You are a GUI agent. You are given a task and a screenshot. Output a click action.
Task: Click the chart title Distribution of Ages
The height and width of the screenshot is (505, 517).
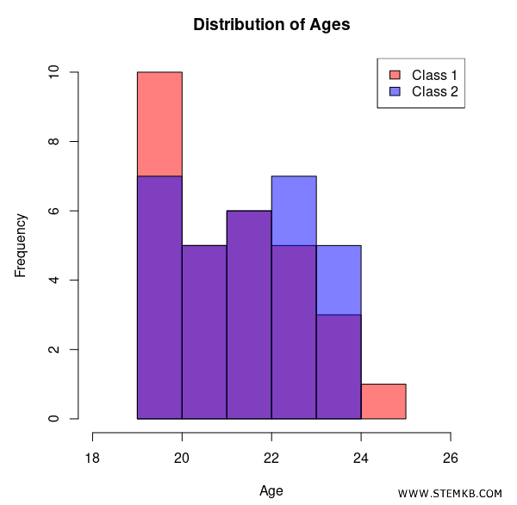pos(271,24)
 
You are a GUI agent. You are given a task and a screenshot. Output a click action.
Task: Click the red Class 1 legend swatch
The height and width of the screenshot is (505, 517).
pos(395,75)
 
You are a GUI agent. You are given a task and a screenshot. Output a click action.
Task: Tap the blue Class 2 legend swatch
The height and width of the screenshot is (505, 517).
pos(395,91)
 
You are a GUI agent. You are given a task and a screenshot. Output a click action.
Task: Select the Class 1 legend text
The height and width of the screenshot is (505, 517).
pos(434,75)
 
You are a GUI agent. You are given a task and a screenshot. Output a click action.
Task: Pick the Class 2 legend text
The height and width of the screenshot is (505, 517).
pos(434,91)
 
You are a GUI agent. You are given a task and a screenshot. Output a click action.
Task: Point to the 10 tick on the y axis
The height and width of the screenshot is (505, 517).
pos(54,72)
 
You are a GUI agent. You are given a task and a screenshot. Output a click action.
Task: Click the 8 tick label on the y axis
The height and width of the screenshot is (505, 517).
pos(54,142)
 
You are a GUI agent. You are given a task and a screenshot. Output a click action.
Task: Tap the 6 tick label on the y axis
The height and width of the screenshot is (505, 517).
pos(54,211)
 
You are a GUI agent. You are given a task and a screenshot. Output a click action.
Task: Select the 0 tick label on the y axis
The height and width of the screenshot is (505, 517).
pos(54,419)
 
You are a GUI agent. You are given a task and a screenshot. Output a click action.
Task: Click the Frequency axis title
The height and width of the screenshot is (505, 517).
pos(21,245)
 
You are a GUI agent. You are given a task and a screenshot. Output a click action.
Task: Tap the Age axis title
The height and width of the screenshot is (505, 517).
pos(271,491)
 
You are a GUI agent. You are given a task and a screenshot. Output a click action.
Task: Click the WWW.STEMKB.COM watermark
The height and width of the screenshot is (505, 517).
pos(450,493)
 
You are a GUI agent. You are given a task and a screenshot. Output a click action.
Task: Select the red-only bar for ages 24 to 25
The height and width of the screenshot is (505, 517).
pos(383,401)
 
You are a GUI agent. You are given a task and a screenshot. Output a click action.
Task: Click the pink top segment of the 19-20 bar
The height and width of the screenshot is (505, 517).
pos(159,124)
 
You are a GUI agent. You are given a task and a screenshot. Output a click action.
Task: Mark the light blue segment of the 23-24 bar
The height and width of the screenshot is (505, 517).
pos(339,280)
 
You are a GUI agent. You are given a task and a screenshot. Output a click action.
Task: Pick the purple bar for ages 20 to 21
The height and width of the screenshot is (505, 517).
pos(204,332)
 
